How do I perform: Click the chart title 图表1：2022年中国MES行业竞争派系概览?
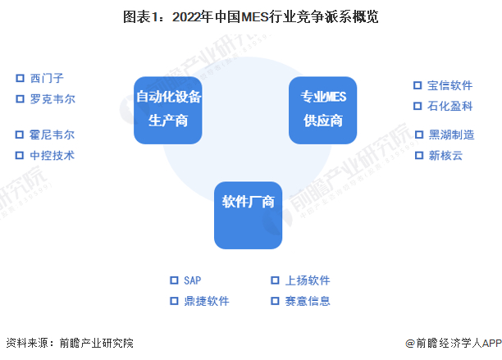point(250,16)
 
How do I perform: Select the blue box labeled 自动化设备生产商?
point(168,109)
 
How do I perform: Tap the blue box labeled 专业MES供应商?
point(322,109)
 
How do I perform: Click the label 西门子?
point(46,79)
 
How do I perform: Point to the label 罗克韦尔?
point(52,99)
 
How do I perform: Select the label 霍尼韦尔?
point(52,135)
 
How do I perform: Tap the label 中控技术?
point(52,155)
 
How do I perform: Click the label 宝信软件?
point(450,85)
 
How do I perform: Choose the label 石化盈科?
point(450,106)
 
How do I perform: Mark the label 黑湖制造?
point(450,134)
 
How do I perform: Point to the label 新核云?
point(445,155)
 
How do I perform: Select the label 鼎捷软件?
point(206,301)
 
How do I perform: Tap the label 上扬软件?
point(308,280)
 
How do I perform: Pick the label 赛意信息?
point(308,301)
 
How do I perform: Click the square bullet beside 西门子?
point(20,79)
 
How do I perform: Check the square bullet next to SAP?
point(173,280)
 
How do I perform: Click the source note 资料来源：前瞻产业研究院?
point(69,343)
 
